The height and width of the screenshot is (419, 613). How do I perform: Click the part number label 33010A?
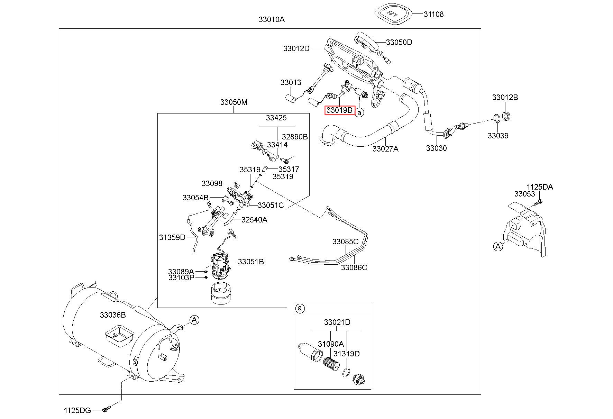tap(272, 19)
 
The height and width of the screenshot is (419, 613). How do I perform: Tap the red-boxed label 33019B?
tap(340, 110)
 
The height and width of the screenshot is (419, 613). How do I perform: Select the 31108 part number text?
tap(433, 14)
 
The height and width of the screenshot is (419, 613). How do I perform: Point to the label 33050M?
tap(234, 102)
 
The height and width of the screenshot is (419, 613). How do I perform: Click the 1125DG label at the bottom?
tap(77, 410)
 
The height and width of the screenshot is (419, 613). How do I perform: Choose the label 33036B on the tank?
tap(113, 315)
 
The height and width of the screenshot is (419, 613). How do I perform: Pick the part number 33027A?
tap(385, 149)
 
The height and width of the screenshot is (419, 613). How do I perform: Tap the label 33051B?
tap(251, 262)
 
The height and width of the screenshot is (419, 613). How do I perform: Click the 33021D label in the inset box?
tap(337, 322)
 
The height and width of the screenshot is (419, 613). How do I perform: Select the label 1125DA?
tap(540, 187)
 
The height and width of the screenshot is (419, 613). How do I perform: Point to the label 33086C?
tap(354, 267)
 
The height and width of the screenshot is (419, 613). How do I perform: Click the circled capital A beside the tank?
tap(194, 320)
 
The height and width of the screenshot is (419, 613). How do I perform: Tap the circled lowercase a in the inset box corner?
tap(300, 308)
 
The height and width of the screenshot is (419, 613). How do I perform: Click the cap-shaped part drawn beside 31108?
tap(394, 14)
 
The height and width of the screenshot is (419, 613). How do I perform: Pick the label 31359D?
tap(172, 237)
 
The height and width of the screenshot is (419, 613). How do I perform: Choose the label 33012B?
tap(505, 97)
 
